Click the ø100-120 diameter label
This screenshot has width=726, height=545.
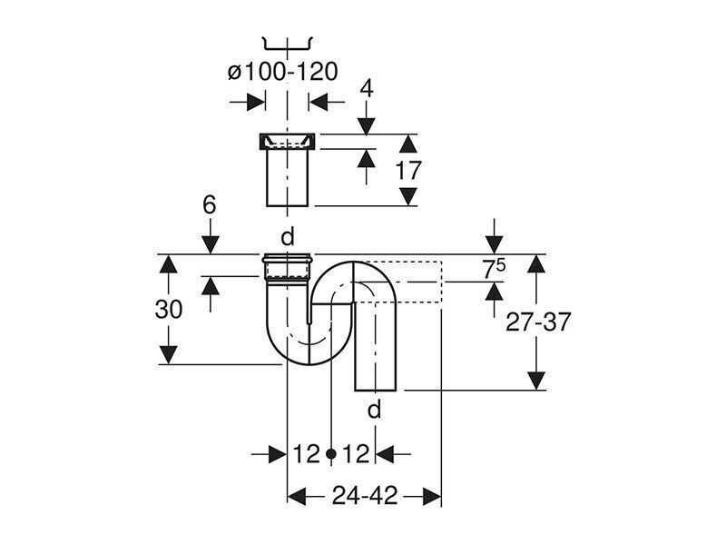[x=283, y=72]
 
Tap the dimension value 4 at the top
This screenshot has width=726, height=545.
[x=367, y=88]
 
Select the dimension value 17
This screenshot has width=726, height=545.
[x=408, y=170]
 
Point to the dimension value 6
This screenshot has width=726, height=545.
[x=210, y=204]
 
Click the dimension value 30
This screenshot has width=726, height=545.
[x=169, y=309]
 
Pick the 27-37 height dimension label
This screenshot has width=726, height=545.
[x=538, y=322]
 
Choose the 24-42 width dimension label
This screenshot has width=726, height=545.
[x=365, y=496]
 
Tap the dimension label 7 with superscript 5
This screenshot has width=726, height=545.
[x=494, y=269]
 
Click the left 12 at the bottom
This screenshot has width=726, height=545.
[x=307, y=453]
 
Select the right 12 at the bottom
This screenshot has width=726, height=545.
[x=356, y=453]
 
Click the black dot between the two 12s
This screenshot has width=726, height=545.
[x=330, y=453]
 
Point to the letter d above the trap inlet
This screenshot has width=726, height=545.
[x=288, y=237]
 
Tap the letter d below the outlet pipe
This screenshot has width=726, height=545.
[x=374, y=410]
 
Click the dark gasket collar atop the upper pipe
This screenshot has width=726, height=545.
[x=287, y=142]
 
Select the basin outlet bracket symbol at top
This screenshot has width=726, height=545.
[x=288, y=43]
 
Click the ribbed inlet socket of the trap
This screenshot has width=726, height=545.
[x=287, y=268]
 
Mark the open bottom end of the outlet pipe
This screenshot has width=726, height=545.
[x=376, y=390]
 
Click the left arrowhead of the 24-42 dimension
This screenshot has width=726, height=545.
[x=297, y=496]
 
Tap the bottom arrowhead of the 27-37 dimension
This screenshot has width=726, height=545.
[x=536, y=381]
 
